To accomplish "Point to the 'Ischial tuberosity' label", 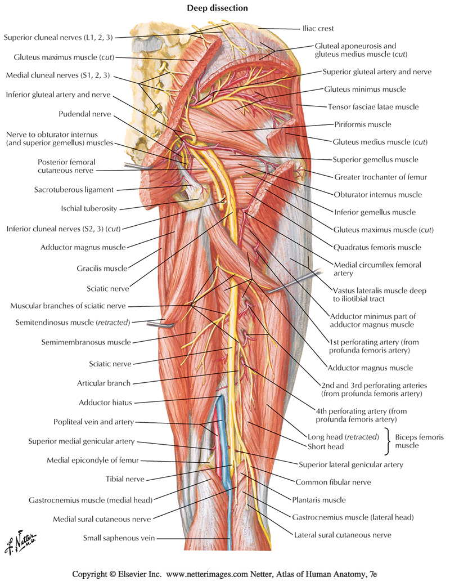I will click(x=89, y=208).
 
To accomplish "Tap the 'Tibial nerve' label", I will click(x=125, y=479).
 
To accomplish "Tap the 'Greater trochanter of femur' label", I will click(x=380, y=177).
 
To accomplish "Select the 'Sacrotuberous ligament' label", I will click(x=75, y=190).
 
